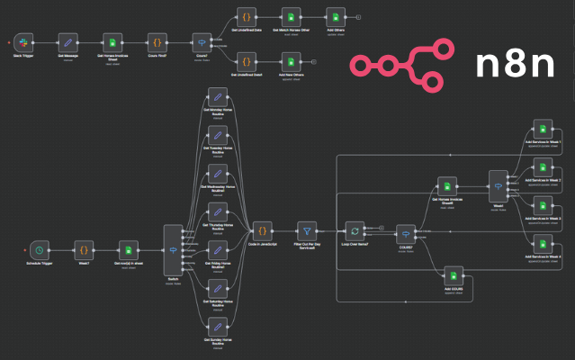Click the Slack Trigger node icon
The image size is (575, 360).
tap(23, 42)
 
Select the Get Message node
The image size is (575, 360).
tap(68, 42)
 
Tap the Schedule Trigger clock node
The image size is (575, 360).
tap(38, 249)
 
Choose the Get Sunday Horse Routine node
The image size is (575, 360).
tap(216, 327)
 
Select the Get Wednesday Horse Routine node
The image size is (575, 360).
tap(216, 174)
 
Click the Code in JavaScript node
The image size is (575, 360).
tap(261, 229)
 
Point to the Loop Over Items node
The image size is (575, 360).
tap(355, 229)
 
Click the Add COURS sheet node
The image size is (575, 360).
tap(455, 276)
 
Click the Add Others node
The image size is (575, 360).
tap(335, 17)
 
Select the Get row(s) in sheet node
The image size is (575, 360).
tap(129, 249)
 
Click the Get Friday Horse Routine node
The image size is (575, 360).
tap(216, 250)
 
